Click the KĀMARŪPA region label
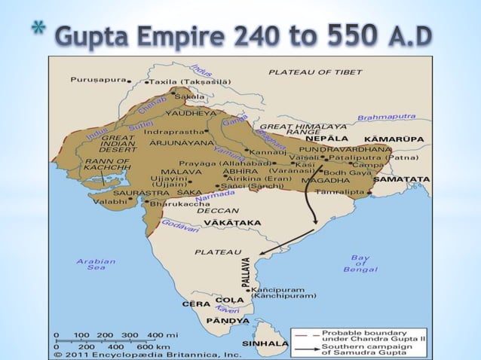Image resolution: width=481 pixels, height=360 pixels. tap(407, 139)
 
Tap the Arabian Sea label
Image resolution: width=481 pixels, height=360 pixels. tap(97, 264)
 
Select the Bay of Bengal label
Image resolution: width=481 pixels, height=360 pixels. tap(355, 263)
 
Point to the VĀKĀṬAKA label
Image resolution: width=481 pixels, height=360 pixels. tap(213, 223)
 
